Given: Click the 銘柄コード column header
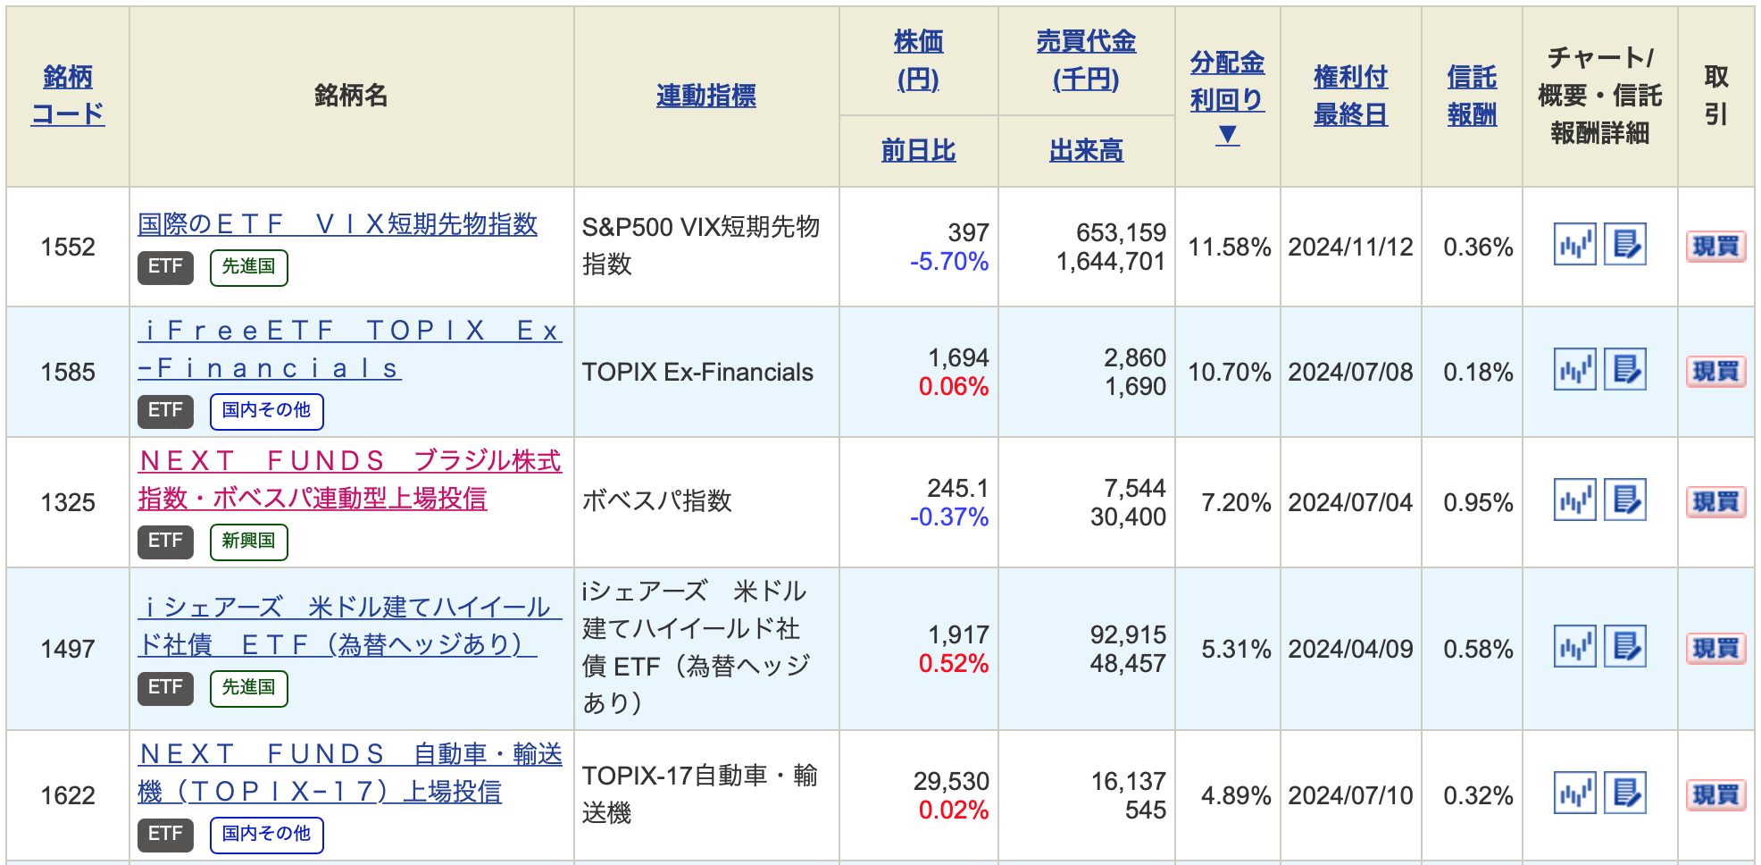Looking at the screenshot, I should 68,95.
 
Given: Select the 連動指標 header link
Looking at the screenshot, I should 705,96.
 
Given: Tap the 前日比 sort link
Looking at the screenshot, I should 918,150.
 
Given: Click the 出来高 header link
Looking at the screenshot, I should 1086,150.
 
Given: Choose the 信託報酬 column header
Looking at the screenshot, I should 1472,95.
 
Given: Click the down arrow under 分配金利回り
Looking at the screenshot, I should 1228,135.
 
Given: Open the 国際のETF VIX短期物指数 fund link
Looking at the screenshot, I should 338,223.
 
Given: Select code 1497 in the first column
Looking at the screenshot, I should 68,649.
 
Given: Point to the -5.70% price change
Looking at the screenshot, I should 949,262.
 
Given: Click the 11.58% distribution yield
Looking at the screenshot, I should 1229,247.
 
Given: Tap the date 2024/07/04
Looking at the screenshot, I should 1350,502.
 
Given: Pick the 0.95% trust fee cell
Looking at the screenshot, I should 1478,502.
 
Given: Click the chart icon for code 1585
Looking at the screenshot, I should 1574,370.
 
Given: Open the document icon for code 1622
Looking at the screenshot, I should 1625,794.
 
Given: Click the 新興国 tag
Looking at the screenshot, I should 248,541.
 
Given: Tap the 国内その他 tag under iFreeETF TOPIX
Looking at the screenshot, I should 266,410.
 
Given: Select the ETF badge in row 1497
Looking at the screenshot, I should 165,687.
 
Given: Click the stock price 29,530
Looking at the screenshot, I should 951,781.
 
